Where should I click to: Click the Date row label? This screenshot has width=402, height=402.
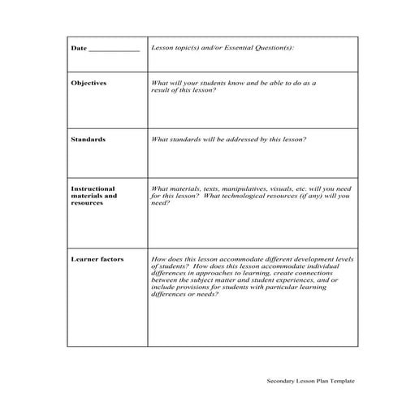[x=79, y=49]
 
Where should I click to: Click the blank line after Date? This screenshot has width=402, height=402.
[x=114, y=50]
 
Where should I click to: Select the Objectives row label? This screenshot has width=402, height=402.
[x=89, y=83]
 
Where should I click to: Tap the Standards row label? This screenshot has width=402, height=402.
[x=88, y=140]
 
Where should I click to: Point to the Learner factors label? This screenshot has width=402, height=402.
[x=97, y=258]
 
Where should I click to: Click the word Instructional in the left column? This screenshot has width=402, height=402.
[x=93, y=188]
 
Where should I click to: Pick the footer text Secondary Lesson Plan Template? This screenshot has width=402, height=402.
[x=311, y=380]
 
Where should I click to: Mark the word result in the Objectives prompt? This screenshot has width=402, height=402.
[x=161, y=90]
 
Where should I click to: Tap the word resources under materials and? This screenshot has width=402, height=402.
[x=87, y=203]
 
